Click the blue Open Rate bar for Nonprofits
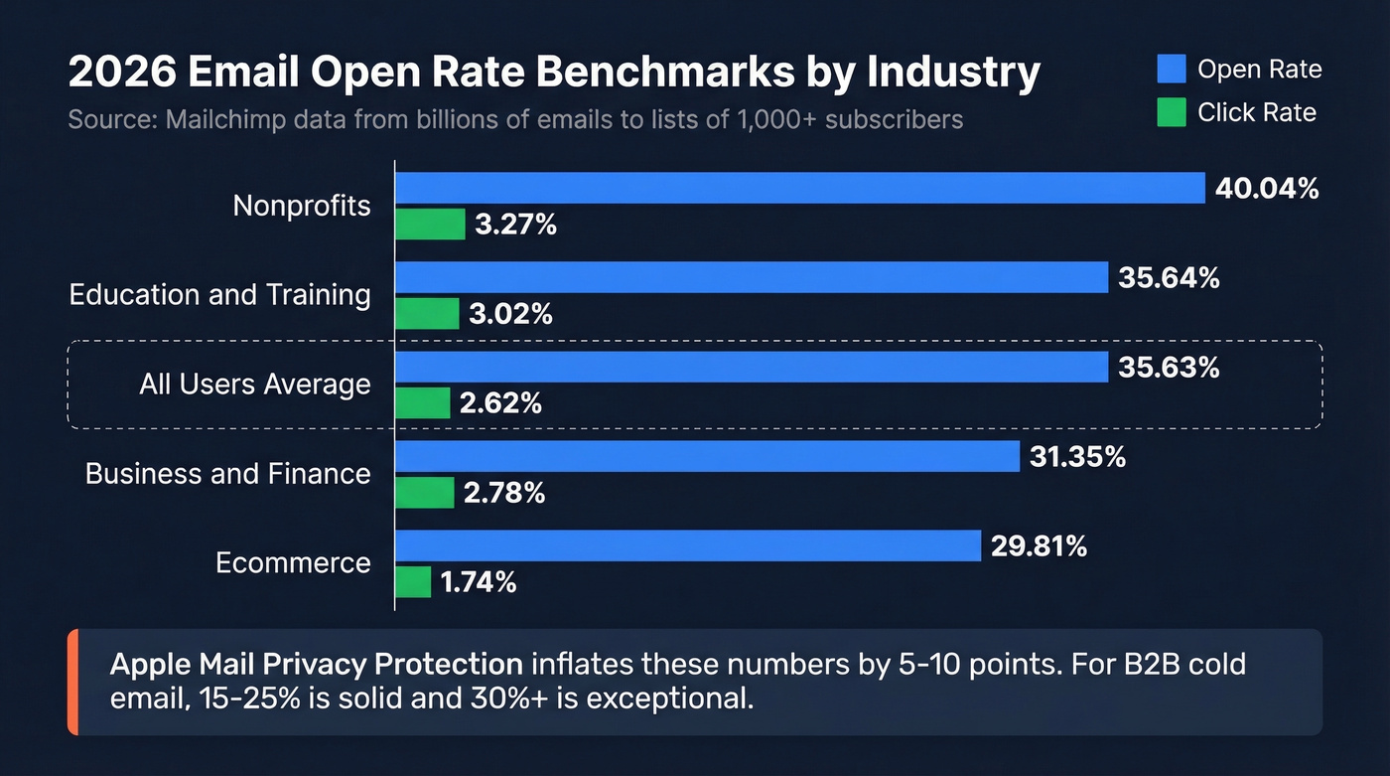(x=799, y=188)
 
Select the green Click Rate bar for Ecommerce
(x=413, y=582)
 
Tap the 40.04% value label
(x=1267, y=188)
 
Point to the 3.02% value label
(x=510, y=314)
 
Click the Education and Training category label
(x=219, y=295)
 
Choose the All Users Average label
(x=255, y=385)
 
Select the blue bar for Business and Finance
(x=707, y=457)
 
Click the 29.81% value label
(x=1039, y=545)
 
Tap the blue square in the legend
(x=1172, y=69)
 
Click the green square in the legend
(x=1172, y=112)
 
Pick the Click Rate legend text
(x=1256, y=112)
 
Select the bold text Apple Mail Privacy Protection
(x=316, y=663)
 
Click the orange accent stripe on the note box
(x=72, y=682)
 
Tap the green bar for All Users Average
(x=423, y=403)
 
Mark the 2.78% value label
(x=504, y=493)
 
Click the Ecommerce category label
(x=293, y=563)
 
